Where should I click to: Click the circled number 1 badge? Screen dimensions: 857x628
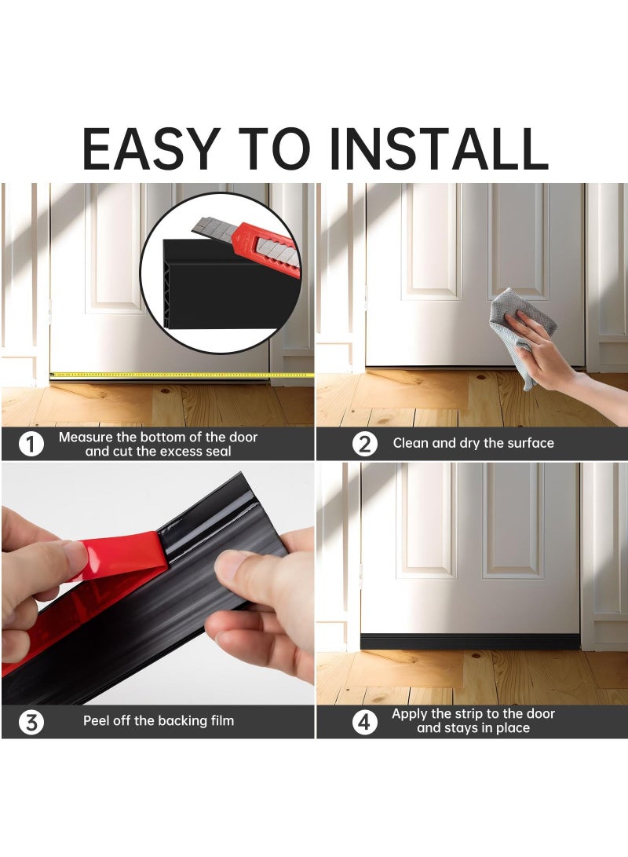pos(31,445)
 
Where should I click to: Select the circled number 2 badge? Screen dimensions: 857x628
pos(364,444)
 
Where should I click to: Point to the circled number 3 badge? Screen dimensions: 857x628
pos(31,721)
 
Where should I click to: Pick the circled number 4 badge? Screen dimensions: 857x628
pos(364,721)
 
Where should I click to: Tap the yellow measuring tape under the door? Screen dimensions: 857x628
pos(181,375)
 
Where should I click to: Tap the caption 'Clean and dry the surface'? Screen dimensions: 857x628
pos(473,443)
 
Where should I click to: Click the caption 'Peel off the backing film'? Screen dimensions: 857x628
pos(159,720)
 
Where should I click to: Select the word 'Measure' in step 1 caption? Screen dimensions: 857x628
pos(88,437)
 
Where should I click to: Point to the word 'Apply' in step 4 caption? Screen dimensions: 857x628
pos(410,714)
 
